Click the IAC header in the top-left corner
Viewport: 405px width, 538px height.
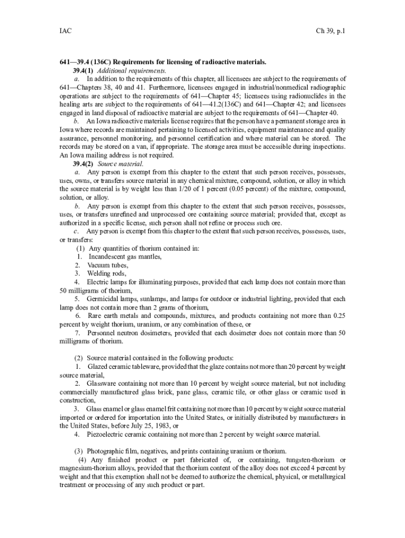(x=65, y=32)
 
